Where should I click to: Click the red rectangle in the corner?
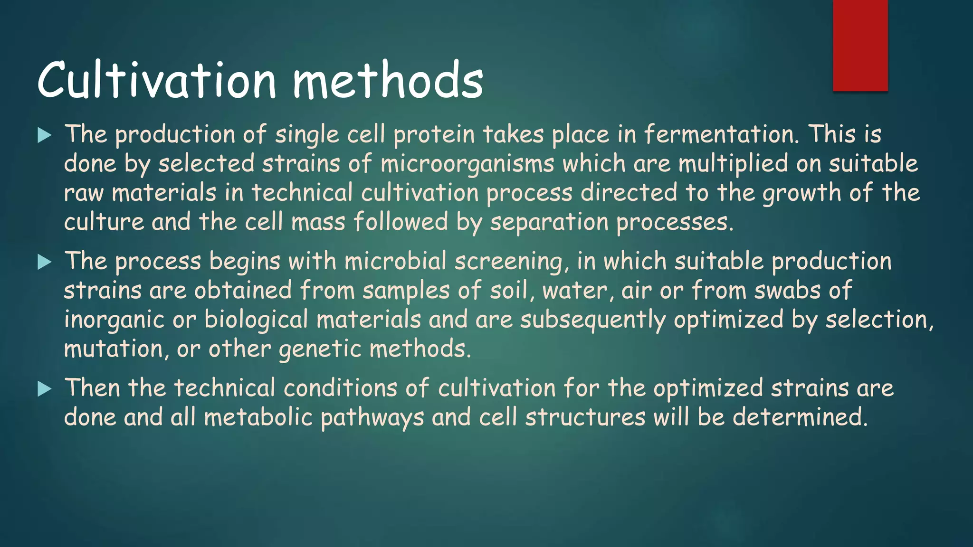[860, 45]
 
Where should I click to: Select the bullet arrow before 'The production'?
[44, 135]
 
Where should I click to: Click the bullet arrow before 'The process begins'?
[44, 262]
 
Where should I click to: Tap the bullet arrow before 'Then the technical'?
[44, 389]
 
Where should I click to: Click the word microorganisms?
[467, 164]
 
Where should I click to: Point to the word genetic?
[320, 350]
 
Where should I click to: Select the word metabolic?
[258, 417]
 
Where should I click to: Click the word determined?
[800, 417]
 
